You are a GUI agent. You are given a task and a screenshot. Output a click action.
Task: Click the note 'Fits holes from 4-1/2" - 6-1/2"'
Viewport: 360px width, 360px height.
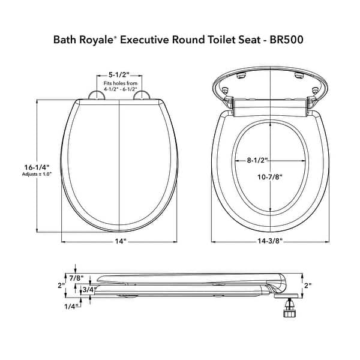120,89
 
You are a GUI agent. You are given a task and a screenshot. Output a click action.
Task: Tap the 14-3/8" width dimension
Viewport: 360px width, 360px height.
272,241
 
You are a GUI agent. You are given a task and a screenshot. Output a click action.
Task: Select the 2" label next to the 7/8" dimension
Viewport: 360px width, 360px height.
61,285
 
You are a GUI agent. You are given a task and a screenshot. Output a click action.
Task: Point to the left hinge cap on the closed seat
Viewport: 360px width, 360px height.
95,96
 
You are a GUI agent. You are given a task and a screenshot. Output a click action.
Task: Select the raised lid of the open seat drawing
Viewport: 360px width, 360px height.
270,84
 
